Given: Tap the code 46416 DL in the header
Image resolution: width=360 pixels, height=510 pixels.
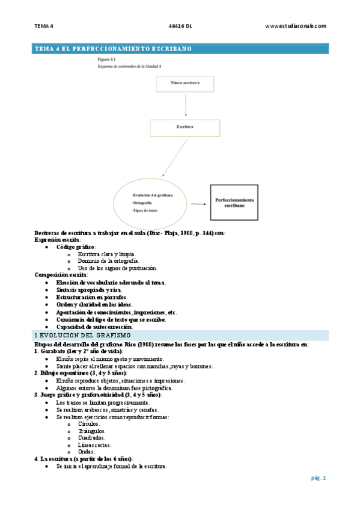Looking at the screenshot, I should pyautogui.click(x=180, y=26).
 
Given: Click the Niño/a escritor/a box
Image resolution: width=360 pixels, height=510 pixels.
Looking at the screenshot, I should pyautogui.click(x=186, y=85).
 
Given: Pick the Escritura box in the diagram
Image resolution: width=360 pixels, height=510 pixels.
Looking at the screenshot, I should pyautogui.click(x=185, y=128).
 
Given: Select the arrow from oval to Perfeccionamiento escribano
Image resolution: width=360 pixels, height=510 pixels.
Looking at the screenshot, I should pyautogui.click(x=198, y=204).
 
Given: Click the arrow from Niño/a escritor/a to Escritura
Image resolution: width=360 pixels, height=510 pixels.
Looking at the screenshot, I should pyautogui.click(x=186, y=106).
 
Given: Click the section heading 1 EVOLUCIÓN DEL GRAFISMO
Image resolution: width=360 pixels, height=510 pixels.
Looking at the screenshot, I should pyautogui.click(x=87, y=334).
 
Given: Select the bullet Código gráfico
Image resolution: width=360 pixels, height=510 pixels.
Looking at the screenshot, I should pyautogui.click(x=76, y=247).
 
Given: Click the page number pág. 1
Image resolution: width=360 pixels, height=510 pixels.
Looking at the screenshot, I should pyautogui.click(x=318, y=478).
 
